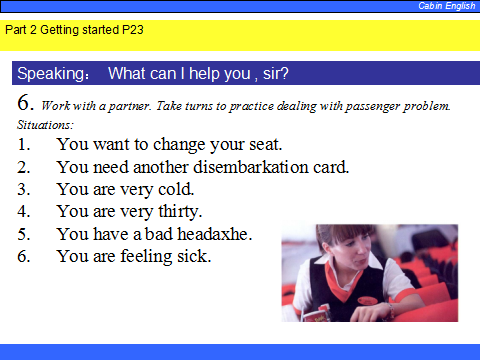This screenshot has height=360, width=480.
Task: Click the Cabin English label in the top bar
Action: click(x=447, y=6)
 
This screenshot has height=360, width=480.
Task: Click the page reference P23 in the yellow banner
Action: click(x=133, y=30)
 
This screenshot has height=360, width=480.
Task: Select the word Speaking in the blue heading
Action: click(x=52, y=74)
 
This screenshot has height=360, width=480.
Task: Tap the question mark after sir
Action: click(x=284, y=73)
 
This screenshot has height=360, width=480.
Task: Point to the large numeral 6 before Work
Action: click(x=25, y=102)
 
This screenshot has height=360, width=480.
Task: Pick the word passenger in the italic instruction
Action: click(x=373, y=106)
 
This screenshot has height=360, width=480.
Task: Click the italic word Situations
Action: click(x=45, y=125)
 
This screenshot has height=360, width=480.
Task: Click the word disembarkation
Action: click(x=251, y=167)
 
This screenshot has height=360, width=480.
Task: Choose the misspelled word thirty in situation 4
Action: click(x=180, y=212)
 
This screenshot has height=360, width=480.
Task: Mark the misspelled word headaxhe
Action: click(x=214, y=234)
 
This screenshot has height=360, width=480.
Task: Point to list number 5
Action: click(x=24, y=234)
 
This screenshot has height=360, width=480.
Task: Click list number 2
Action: click(x=24, y=167)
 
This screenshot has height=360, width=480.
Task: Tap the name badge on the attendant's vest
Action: click(x=367, y=301)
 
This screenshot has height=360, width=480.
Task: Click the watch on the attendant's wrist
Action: click(x=390, y=310)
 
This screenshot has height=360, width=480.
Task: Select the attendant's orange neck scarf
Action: click(x=342, y=282)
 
